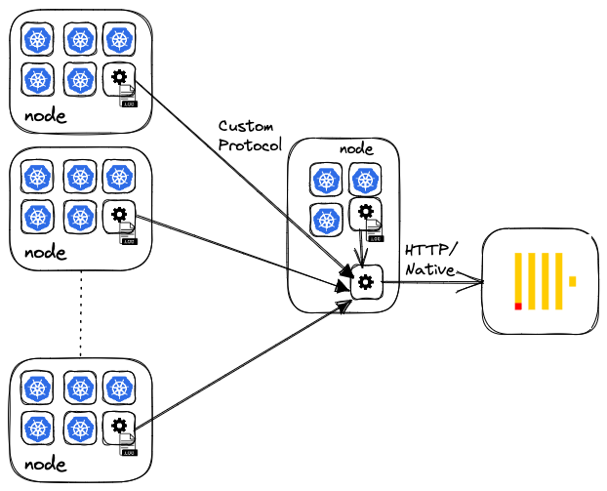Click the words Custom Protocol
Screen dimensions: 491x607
249,136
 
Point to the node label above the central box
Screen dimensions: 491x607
357,149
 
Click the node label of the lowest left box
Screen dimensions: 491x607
45,464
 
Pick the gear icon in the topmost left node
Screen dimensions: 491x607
118,77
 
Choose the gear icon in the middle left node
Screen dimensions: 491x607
118,214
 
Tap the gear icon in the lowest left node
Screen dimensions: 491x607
118,425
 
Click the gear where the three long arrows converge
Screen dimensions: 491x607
366,282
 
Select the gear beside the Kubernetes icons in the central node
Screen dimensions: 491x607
366,212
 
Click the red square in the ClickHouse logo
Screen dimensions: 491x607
518,307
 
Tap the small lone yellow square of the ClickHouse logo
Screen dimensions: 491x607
573,281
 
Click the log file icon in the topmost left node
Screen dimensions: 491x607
129,97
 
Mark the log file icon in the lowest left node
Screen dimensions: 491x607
129,445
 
